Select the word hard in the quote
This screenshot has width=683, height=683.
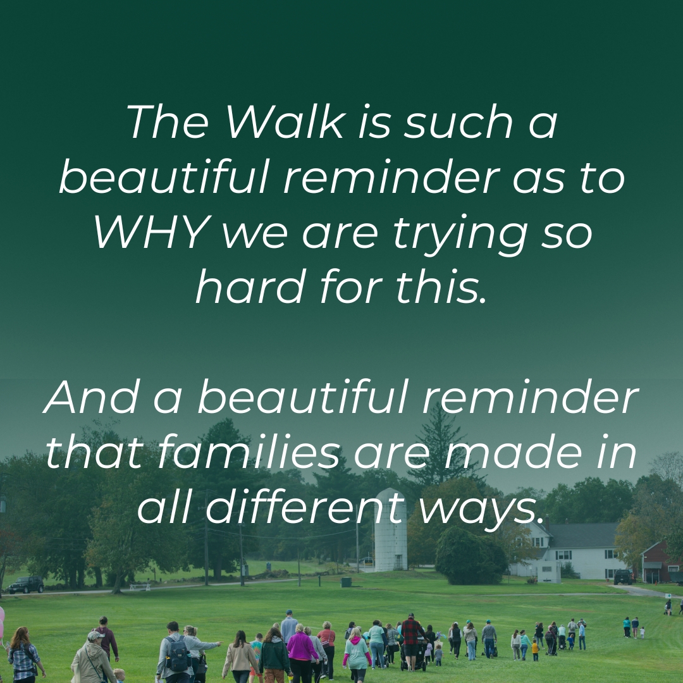250,286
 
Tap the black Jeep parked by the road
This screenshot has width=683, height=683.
26,584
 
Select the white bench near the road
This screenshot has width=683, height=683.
140,587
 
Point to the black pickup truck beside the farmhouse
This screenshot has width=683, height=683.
623,577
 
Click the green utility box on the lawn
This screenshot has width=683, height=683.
346,582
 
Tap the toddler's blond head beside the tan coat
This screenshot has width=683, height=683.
118,673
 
